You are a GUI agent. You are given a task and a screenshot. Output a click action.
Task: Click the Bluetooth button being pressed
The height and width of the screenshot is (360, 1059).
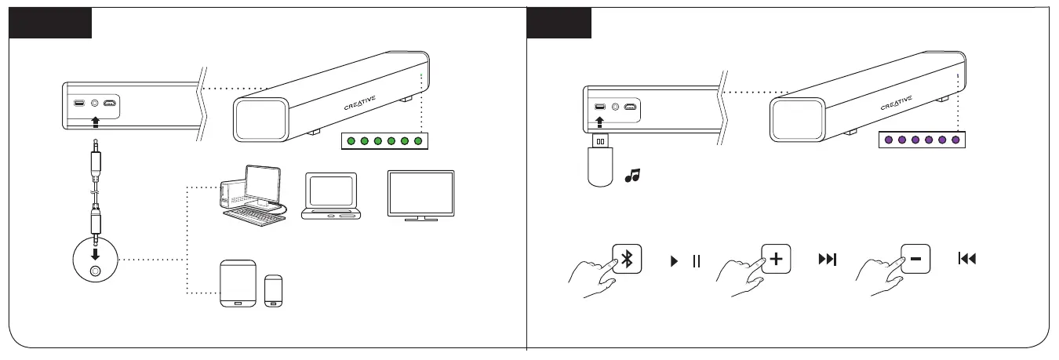tap(628, 259)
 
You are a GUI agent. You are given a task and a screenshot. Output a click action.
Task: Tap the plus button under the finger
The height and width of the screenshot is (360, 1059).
tap(776, 259)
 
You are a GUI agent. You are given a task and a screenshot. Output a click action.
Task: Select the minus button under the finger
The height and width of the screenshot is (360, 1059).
tap(915, 259)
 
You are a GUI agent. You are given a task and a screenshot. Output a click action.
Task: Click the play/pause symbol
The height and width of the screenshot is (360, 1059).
tap(684, 260)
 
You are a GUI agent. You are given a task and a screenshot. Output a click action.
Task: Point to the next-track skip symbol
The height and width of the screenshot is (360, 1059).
tap(827, 260)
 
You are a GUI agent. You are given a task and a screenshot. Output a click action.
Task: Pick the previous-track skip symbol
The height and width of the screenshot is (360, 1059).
tap(966, 260)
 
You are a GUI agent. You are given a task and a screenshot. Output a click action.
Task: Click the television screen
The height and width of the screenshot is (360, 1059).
tap(420, 193)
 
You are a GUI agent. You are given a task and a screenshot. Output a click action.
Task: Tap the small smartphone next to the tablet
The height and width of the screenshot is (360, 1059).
tap(275, 290)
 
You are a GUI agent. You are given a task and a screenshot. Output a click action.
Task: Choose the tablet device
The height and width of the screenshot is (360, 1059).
tap(238, 282)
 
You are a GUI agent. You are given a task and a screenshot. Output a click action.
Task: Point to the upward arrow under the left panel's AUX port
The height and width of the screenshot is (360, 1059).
tap(96, 122)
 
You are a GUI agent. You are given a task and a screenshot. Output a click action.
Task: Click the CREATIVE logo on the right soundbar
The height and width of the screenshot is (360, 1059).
tap(897, 103)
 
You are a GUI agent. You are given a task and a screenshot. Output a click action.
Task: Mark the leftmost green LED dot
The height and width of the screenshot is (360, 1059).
tap(351, 141)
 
